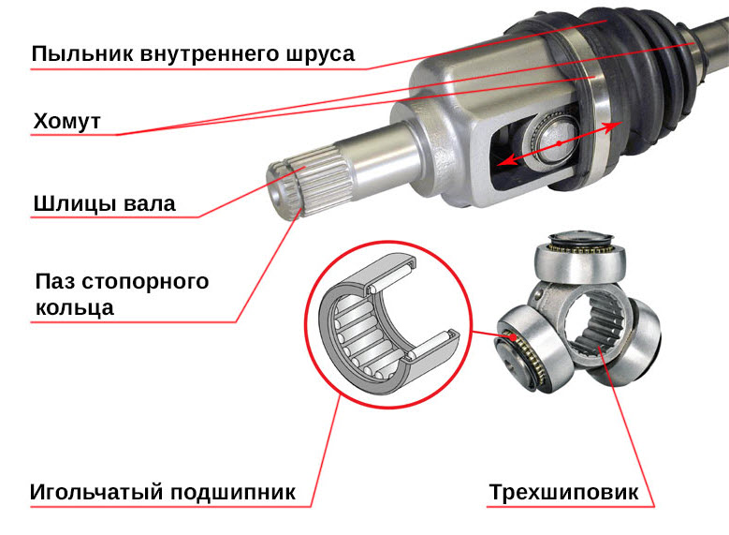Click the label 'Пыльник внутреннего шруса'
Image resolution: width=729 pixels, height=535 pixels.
pos(193,54)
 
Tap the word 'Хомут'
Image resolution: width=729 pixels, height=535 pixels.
pos(67,122)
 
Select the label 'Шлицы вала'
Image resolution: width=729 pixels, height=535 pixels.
pos(105,204)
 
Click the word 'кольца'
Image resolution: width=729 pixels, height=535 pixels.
pos(74,308)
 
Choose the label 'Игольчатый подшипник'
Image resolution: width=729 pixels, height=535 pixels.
pos(163,492)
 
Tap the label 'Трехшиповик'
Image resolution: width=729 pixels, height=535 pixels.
pos(563,492)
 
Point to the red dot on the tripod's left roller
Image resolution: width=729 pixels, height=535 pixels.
pos(512,336)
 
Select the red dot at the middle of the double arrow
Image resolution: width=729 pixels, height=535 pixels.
pos(560,143)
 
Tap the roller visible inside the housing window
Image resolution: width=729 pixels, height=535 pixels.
pos(551,140)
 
